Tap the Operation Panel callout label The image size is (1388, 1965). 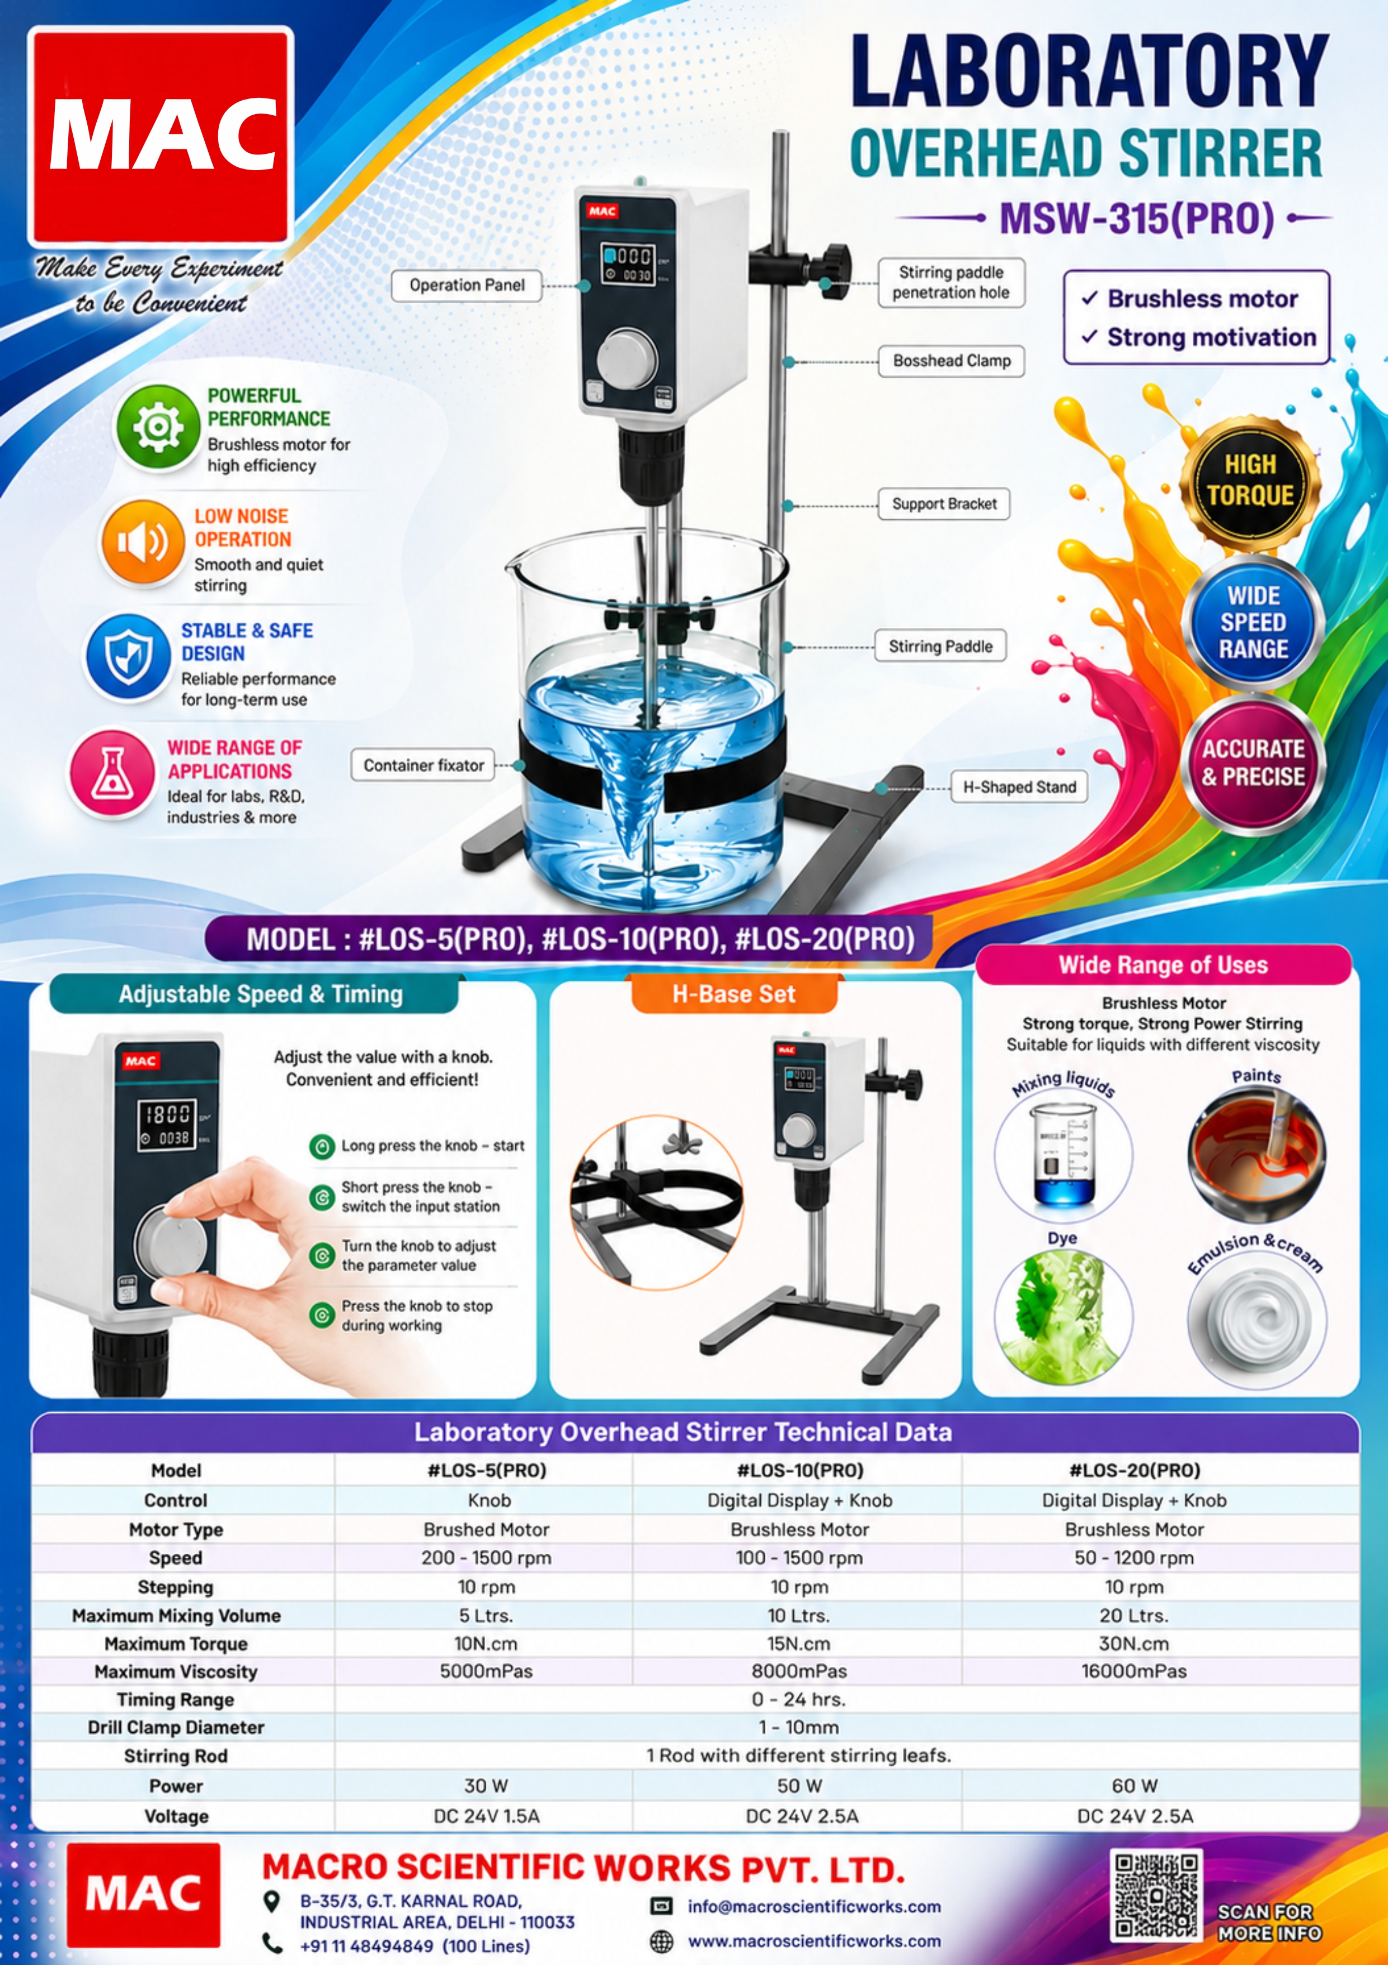click(x=467, y=285)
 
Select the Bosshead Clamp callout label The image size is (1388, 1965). click(x=952, y=361)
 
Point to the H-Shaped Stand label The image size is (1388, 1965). click(x=1019, y=787)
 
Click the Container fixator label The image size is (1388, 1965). click(x=424, y=765)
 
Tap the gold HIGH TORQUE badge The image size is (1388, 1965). click(x=1250, y=481)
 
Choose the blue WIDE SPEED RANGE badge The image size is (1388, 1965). click(x=1254, y=622)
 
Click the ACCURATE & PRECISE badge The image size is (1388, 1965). click(x=1254, y=763)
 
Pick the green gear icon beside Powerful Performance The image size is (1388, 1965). click(x=157, y=426)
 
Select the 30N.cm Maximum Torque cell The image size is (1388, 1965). click(x=1134, y=1643)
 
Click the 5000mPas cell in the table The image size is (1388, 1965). click(x=486, y=1671)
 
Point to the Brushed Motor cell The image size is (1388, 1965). click(x=486, y=1529)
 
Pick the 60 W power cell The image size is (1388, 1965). click(x=1134, y=1785)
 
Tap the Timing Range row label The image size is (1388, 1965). click(x=176, y=1700)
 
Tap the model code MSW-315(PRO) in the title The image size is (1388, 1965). click(x=1136, y=218)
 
